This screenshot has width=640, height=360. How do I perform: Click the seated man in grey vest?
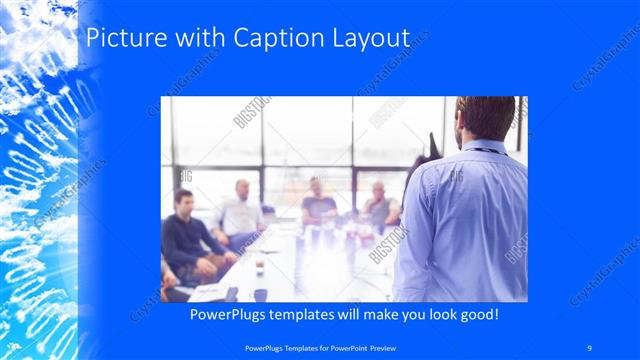[x=380, y=205]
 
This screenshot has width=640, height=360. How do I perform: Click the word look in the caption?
[x=434, y=314]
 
